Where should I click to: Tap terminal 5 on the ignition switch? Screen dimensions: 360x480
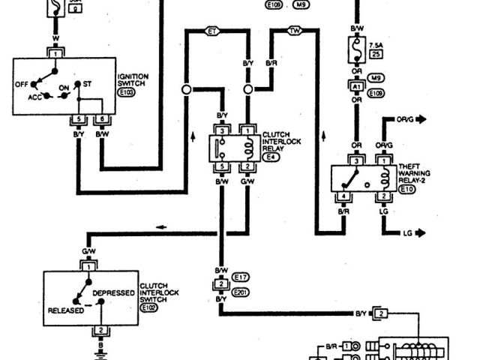pos(78,118)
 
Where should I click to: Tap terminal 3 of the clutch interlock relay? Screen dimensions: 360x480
pos(222,130)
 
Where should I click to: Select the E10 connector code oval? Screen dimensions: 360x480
pos(407,190)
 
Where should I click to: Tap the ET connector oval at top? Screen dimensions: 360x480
pos(212,31)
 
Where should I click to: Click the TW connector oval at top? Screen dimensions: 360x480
pos(295,31)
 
